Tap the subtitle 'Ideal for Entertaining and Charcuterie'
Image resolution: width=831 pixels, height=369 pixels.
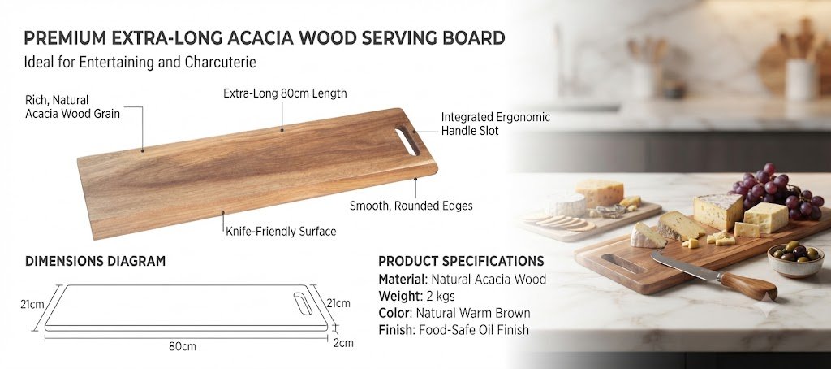(x=140, y=63)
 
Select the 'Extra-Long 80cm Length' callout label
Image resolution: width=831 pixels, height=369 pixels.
(x=285, y=93)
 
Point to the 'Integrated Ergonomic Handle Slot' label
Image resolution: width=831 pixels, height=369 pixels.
(x=496, y=124)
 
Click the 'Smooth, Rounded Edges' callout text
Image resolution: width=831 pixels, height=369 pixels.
(x=411, y=206)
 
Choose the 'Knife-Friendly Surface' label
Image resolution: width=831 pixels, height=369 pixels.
(x=281, y=232)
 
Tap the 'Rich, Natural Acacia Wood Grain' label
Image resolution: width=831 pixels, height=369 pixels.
(x=72, y=106)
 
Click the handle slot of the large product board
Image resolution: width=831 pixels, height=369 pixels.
(x=407, y=140)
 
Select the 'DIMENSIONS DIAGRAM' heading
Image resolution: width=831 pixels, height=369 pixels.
(x=96, y=261)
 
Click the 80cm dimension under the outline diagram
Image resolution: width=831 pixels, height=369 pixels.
(x=183, y=347)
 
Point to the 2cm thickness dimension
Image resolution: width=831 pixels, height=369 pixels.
(x=343, y=343)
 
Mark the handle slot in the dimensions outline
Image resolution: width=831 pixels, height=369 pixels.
(x=304, y=302)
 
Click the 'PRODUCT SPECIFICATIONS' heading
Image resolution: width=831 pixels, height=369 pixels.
(x=461, y=261)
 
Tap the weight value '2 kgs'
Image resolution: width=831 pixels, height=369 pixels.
(x=441, y=296)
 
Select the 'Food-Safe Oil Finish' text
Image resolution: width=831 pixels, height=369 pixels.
(x=474, y=330)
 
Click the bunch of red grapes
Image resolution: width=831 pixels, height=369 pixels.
(x=777, y=192)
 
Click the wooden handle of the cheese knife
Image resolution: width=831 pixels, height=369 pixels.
(x=747, y=285)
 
